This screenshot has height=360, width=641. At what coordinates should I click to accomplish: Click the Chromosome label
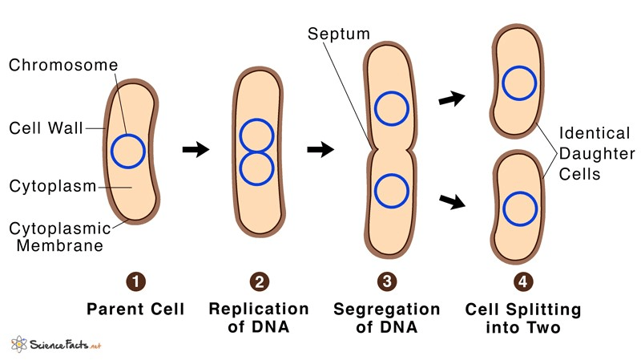pyautogui.click(x=63, y=65)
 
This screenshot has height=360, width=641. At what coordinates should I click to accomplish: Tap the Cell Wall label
pyautogui.click(x=46, y=128)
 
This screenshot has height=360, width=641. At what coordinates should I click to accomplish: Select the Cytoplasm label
pyautogui.click(x=53, y=186)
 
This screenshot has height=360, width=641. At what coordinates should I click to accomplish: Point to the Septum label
pyautogui.click(x=339, y=34)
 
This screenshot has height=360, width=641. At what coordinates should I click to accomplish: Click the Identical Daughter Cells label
pyautogui.click(x=597, y=153)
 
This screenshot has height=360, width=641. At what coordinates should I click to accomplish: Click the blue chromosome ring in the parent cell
pyautogui.click(x=111, y=152)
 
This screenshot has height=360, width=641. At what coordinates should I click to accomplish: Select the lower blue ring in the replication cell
pyautogui.click(x=256, y=185)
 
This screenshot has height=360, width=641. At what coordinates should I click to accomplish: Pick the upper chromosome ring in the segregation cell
pyautogui.click(x=392, y=91)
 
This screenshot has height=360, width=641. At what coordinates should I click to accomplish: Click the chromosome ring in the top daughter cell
pyautogui.click(x=519, y=67)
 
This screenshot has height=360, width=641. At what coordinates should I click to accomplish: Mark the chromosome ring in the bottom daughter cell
pyautogui.click(x=520, y=192)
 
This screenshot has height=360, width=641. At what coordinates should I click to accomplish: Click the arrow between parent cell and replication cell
pyautogui.click(x=196, y=149)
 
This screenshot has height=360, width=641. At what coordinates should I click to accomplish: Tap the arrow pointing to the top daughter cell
pyautogui.click(x=452, y=99)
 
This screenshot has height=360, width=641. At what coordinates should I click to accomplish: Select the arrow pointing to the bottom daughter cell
pyautogui.click(x=452, y=200)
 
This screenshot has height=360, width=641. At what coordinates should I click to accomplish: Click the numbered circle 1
pyautogui.click(x=136, y=281)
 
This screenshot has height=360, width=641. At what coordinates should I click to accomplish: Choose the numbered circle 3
pyautogui.click(x=387, y=281)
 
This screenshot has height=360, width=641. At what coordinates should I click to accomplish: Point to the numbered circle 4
pyautogui.click(x=523, y=281)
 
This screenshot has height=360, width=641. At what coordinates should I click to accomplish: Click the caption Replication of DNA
pyautogui.click(x=259, y=318)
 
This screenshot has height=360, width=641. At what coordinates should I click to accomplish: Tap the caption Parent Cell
pyautogui.click(x=135, y=309)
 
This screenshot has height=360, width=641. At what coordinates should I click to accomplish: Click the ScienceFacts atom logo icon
pyautogui.click(x=18, y=344)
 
